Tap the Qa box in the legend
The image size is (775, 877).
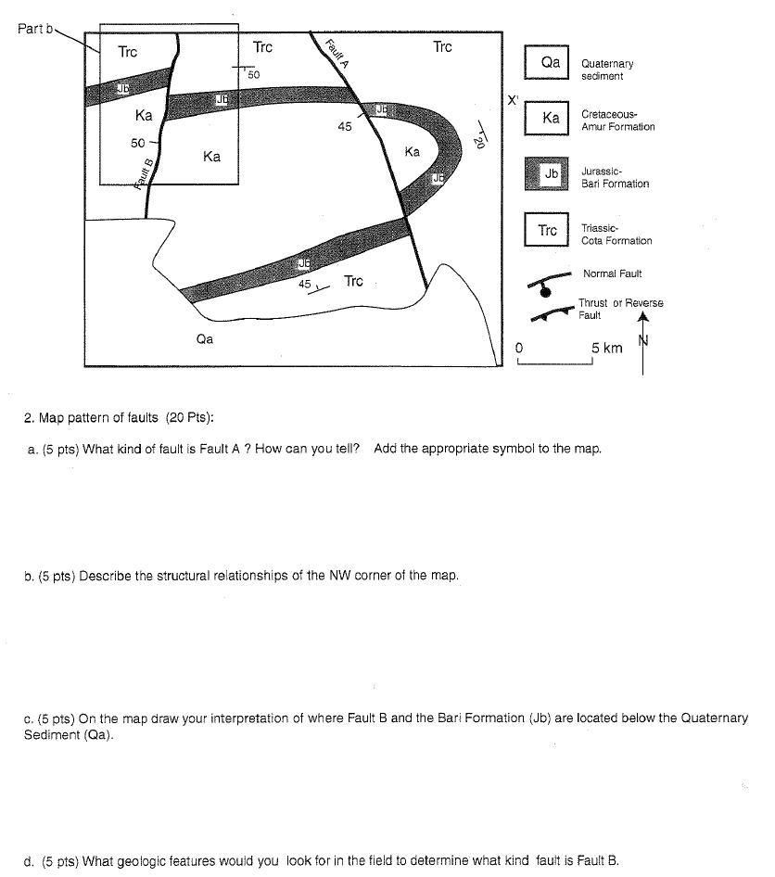tap(551, 62)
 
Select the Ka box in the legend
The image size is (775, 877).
tap(551, 119)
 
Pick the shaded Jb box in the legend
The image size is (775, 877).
tap(551, 174)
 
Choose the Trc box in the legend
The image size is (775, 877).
tap(548, 231)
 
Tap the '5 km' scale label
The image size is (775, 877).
tap(606, 348)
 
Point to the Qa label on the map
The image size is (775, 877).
tap(204, 339)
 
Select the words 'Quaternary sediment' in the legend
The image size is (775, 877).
tap(606, 70)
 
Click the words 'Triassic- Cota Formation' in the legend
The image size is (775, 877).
tap(616, 235)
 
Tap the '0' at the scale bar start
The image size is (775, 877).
tap(520, 348)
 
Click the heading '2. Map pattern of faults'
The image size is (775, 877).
tap(121, 416)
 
